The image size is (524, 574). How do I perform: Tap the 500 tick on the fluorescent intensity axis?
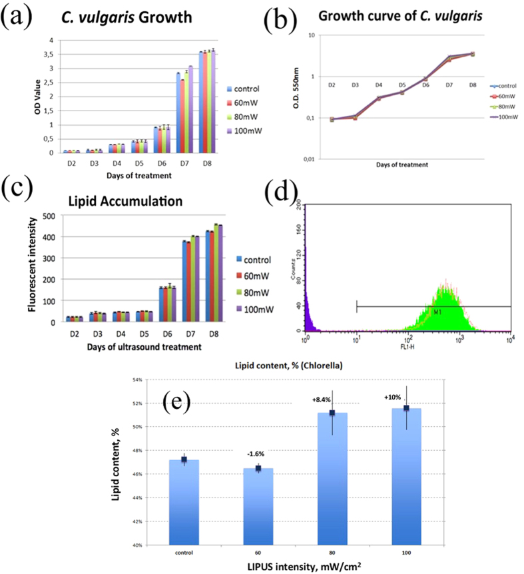49,216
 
